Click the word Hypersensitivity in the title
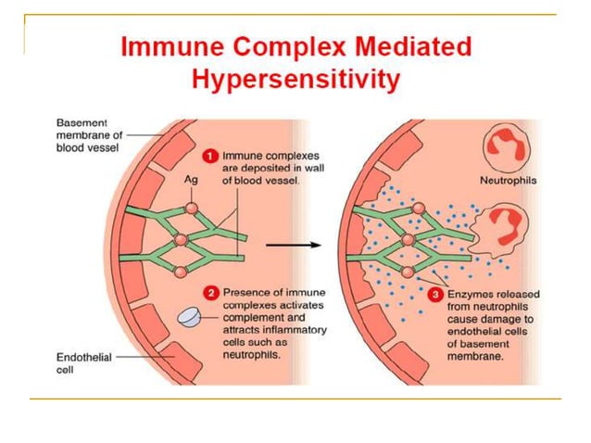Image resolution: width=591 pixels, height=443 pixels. point(295,81)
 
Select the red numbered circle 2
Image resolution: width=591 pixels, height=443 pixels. point(210,294)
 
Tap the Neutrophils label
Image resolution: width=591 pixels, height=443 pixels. point(500,182)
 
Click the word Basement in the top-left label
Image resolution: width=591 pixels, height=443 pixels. point(82,122)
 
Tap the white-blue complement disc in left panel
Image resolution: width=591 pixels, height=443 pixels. point(189,317)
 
